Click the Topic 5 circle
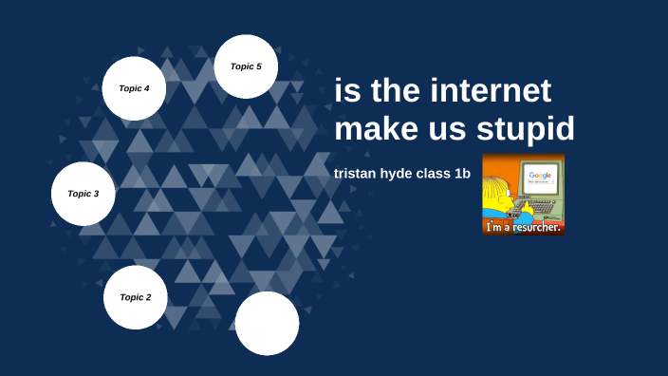[247, 66]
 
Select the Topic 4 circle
[134, 88]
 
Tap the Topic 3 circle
[83, 194]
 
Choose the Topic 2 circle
[135, 297]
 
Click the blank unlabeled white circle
[267, 323]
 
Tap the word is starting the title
[347, 92]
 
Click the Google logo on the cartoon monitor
[540, 176]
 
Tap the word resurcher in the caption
[534, 227]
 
